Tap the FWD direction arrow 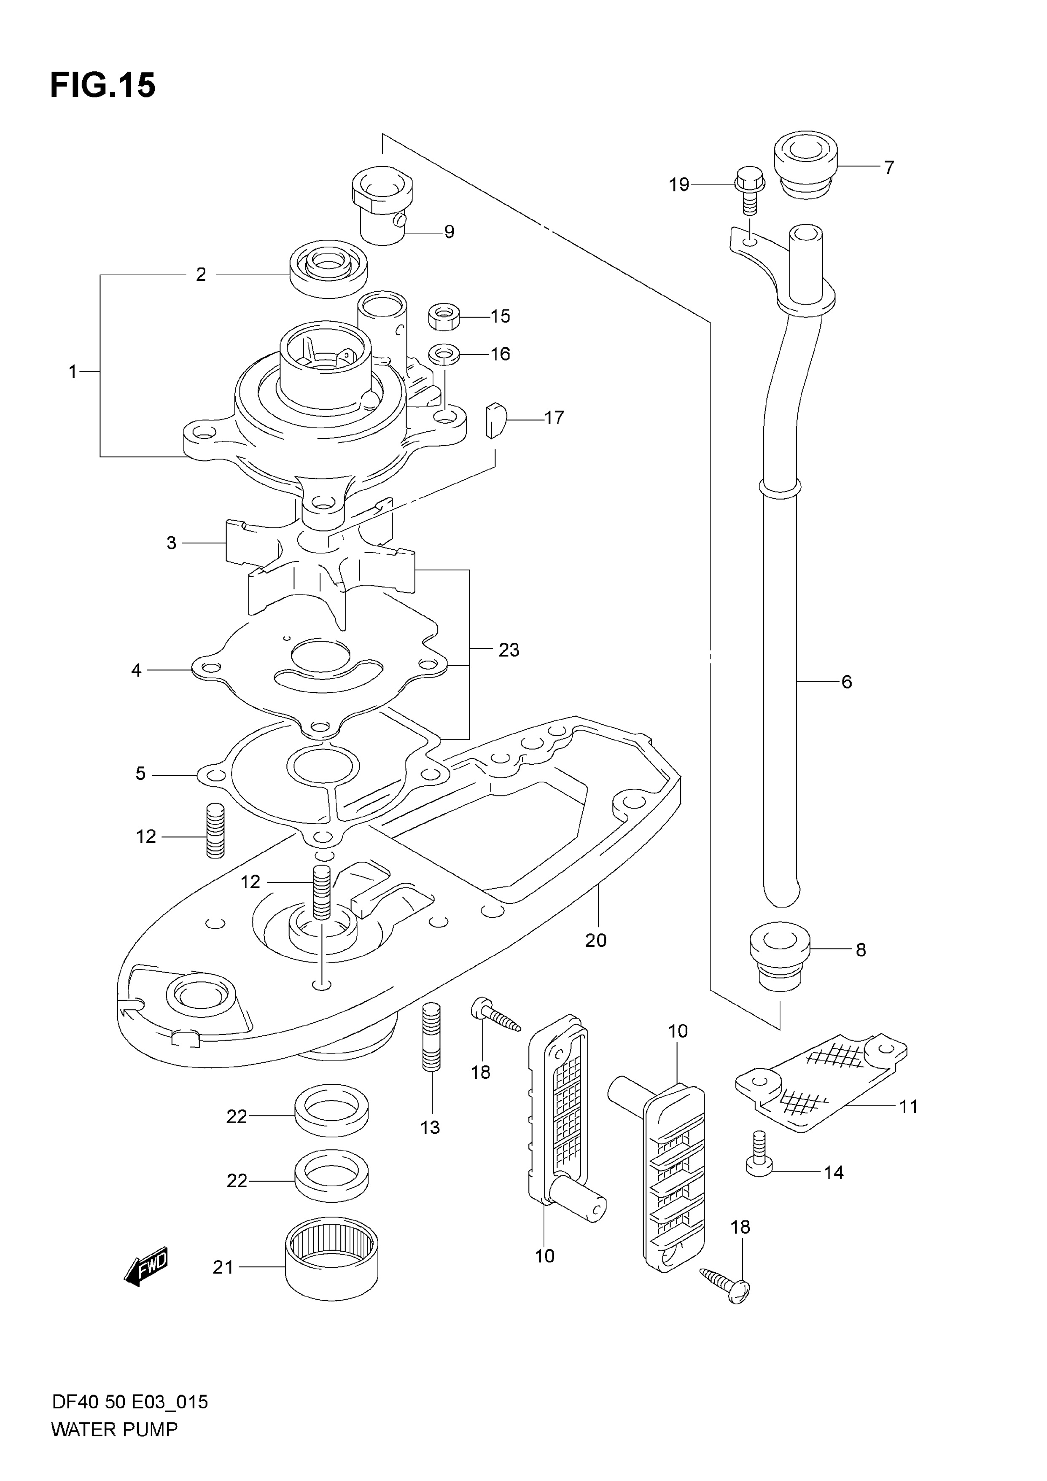pos(146,1268)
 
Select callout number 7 pos(889,168)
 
